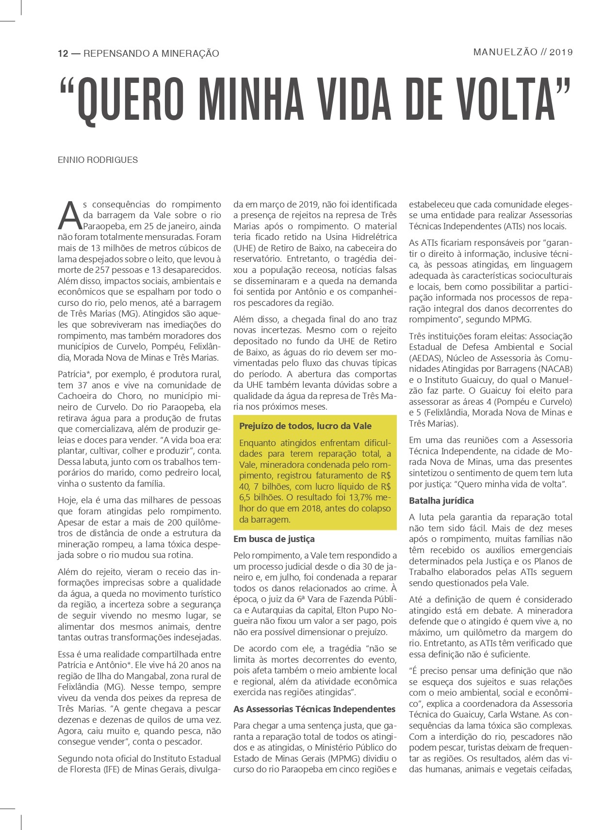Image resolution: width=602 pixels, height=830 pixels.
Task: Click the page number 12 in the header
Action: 63,53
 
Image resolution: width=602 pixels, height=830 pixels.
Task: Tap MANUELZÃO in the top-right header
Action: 505,52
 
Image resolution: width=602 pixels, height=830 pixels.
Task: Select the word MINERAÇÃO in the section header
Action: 190,53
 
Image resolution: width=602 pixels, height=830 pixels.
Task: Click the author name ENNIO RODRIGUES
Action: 98,160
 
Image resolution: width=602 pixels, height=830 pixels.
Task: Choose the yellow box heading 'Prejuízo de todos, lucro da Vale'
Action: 305,426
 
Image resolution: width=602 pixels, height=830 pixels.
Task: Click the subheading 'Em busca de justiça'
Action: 274,539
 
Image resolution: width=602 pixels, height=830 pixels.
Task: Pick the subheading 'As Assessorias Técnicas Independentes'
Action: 314,709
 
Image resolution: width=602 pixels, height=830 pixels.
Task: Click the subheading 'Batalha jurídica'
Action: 441,500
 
